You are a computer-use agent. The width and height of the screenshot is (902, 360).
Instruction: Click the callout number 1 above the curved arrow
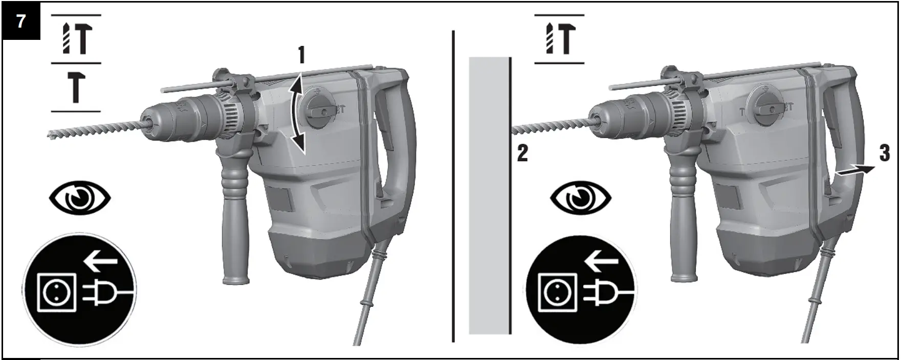point(302,55)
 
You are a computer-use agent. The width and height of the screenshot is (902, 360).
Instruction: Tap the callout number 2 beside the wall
point(522,153)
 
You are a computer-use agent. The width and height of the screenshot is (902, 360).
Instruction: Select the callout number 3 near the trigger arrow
point(885,154)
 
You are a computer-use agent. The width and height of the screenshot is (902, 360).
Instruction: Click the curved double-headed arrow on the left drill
point(297,114)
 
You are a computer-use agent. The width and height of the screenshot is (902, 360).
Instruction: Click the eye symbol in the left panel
point(80,198)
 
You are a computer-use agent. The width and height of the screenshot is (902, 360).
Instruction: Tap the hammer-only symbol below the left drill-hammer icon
point(76,87)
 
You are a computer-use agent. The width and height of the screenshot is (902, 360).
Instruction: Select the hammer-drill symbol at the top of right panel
point(559,39)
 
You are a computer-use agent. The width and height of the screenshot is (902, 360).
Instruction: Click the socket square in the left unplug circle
point(58,292)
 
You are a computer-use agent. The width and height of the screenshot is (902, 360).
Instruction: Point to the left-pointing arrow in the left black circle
point(100,262)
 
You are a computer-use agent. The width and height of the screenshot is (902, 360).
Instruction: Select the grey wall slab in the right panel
point(489,194)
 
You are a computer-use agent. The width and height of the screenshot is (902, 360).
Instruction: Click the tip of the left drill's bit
point(53,135)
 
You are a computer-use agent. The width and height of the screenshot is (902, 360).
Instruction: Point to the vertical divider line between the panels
point(453,184)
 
